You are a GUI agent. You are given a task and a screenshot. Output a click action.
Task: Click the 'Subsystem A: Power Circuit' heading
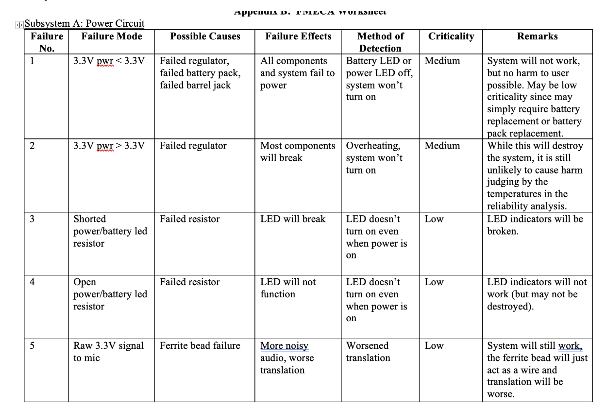[84, 23]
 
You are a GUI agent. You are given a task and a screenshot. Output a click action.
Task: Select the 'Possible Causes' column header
[205, 36]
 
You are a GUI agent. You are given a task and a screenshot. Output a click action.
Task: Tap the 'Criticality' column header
[451, 36]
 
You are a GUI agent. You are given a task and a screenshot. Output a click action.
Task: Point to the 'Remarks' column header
[537, 36]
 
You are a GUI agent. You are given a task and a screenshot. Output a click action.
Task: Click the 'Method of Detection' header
[380, 42]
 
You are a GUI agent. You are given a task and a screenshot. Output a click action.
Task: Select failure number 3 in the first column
[32, 219]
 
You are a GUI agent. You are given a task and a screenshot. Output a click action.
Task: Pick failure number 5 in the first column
[32, 346]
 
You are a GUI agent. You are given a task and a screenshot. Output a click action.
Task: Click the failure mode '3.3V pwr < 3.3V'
[109, 61]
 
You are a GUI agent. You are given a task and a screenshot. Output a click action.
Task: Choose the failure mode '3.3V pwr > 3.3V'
[109, 146]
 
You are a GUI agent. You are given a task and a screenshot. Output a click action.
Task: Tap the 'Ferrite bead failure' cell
[200, 346]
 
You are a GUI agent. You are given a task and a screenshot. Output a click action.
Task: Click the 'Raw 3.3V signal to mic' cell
[108, 352]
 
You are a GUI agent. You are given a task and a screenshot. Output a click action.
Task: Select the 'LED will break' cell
[293, 219]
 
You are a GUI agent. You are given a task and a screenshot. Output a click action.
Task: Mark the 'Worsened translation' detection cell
[368, 352]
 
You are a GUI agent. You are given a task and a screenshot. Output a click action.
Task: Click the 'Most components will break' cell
[297, 152]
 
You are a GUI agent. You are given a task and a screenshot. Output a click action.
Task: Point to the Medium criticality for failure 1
[442, 61]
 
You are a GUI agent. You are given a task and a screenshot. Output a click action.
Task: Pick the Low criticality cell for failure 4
[434, 282]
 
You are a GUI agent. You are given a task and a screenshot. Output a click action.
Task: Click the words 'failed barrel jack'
[195, 85]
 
